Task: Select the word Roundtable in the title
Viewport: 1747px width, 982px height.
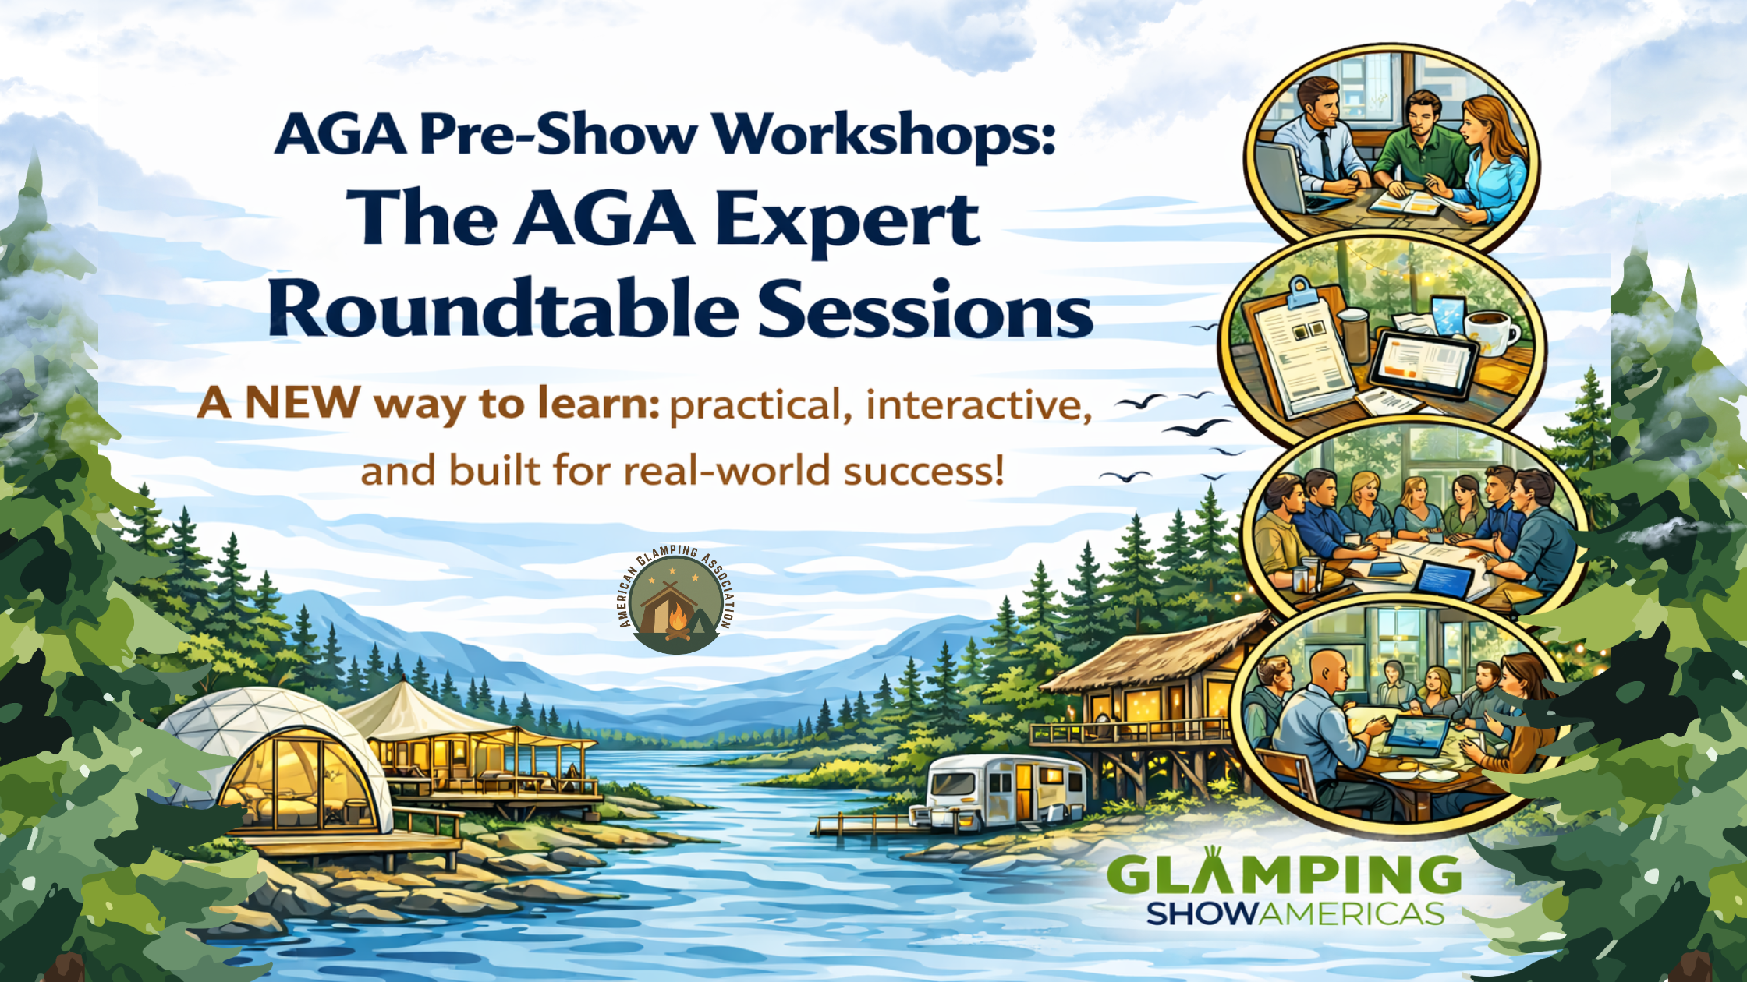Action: (x=503, y=309)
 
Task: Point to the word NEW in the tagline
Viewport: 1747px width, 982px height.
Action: (x=303, y=403)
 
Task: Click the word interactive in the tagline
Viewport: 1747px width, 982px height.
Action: (x=978, y=405)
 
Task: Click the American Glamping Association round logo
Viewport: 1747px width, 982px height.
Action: (x=675, y=599)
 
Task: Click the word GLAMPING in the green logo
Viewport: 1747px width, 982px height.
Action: (x=1283, y=874)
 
